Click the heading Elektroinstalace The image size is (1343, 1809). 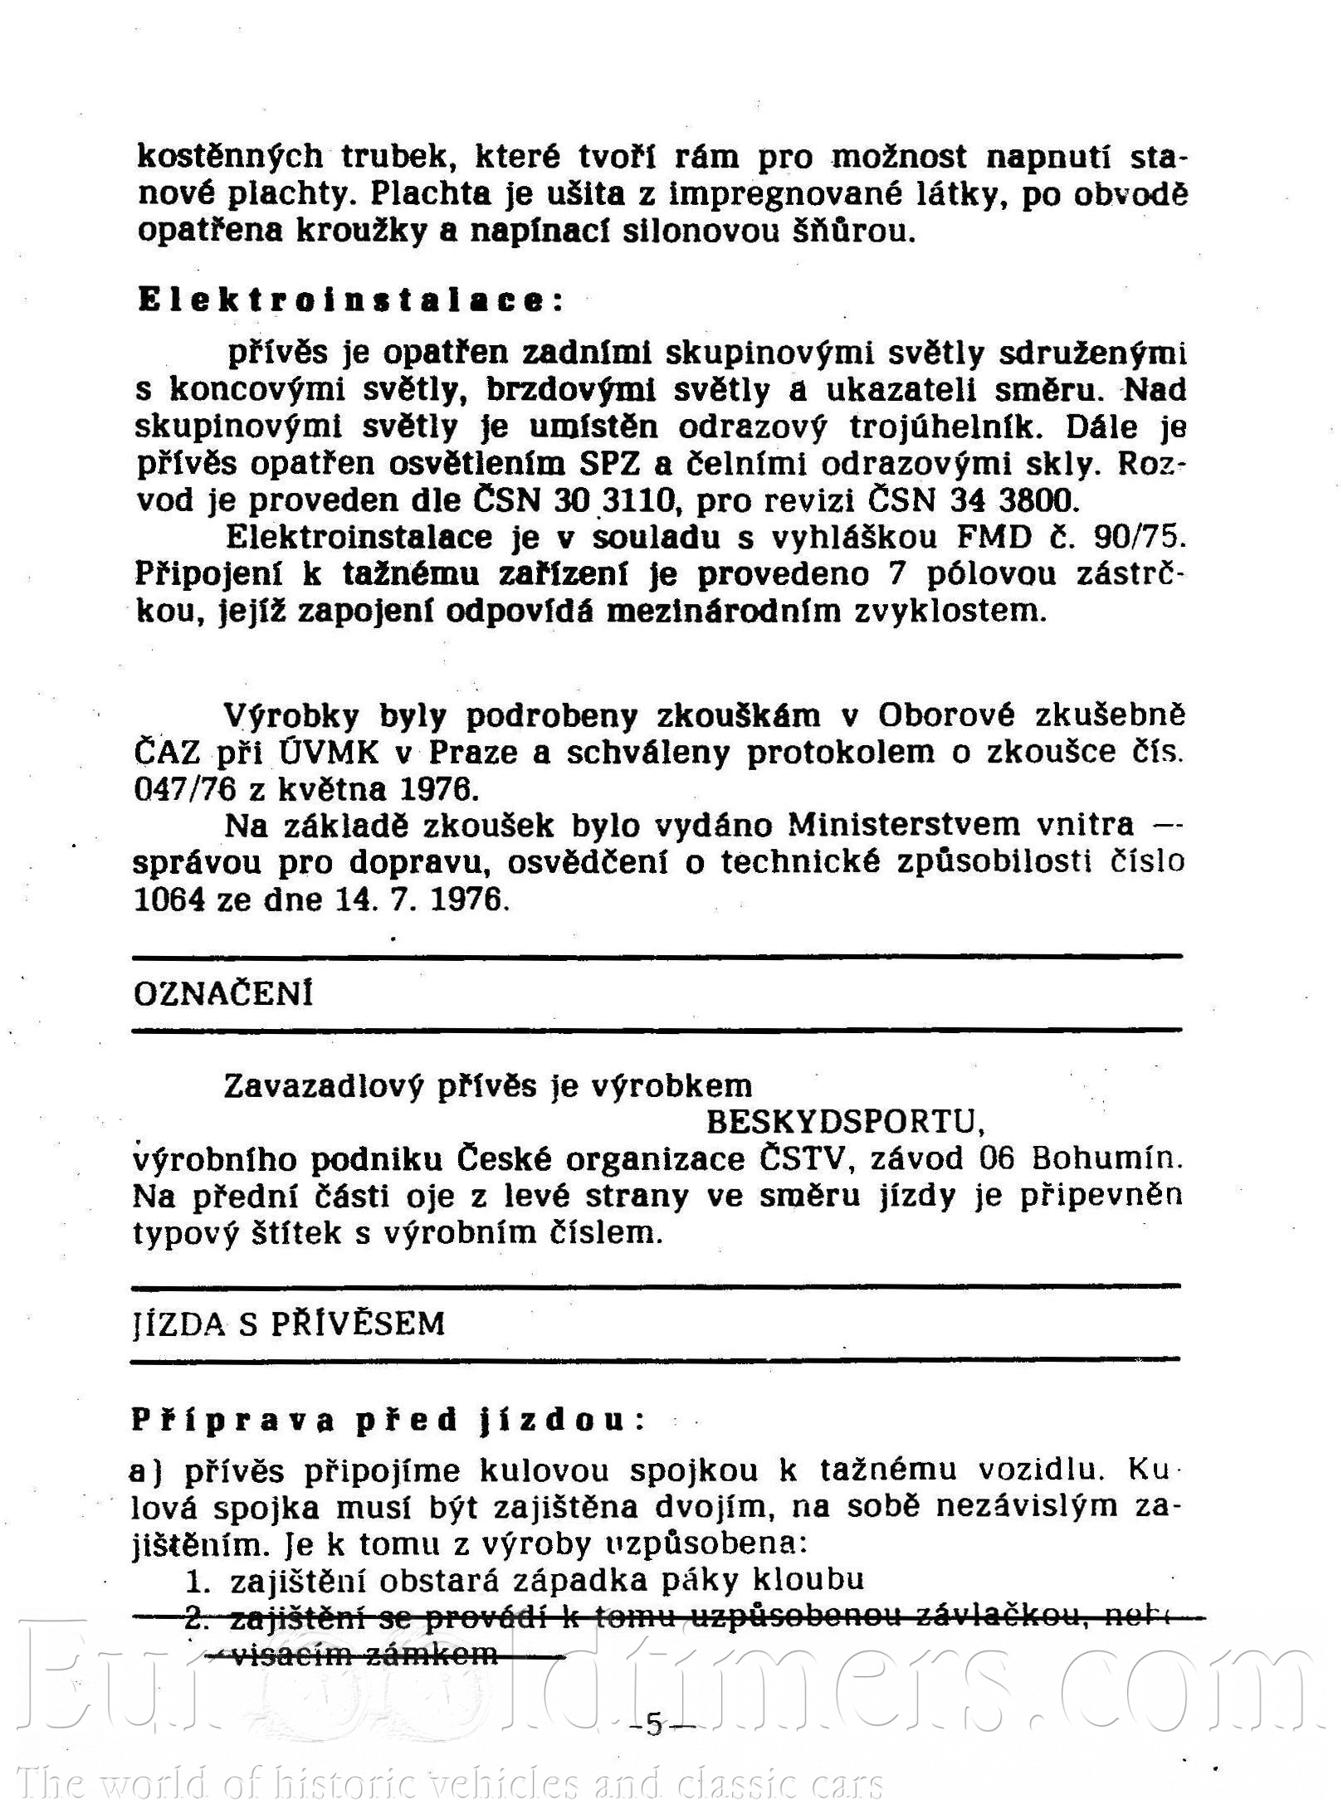[x=349, y=300]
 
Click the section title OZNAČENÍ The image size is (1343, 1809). [x=223, y=993]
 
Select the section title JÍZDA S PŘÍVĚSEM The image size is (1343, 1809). [x=289, y=1324]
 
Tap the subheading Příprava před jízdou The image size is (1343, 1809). [x=387, y=1420]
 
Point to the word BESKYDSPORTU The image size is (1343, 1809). [x=845, y=1122]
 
